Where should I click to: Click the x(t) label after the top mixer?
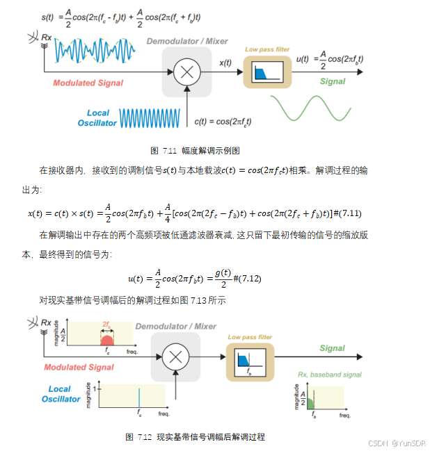225,63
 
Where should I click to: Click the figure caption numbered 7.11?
196,150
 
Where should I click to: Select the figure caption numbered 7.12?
196,436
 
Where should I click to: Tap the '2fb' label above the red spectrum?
107,325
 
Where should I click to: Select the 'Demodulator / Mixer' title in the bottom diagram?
175,326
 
